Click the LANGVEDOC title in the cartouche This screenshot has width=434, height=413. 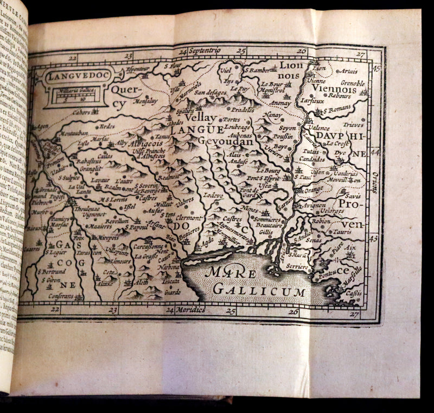(71, 76)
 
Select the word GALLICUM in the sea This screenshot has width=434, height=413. (259, 291)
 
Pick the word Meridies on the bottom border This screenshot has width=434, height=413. (190, 310)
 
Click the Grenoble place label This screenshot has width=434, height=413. (352, 83)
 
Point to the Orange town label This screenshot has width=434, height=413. (313, 190)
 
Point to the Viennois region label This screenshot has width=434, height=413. (334, 90)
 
